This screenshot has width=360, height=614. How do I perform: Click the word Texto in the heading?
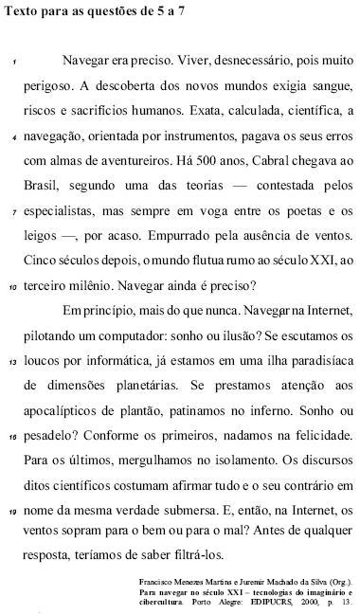click(22, 9)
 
